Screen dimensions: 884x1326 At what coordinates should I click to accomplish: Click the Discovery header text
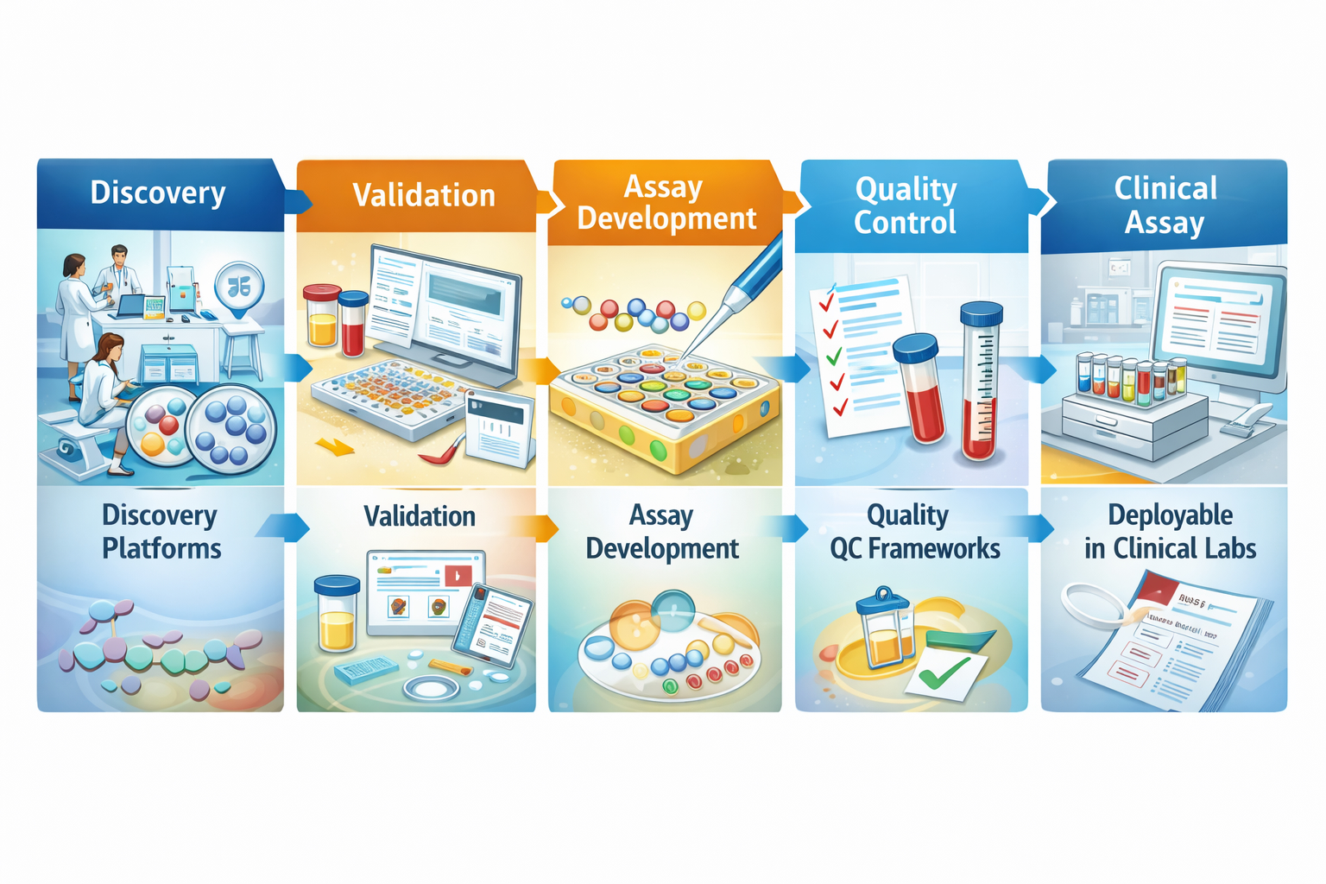(x=158, y=193)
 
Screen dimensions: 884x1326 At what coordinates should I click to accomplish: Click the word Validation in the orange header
(x=424, y=196)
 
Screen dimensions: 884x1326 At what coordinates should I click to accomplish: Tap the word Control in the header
(x=905, y=223)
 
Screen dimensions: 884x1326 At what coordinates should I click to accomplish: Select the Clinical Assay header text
(x=1165, y=205)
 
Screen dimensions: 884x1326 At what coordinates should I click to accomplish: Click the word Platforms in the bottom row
(x=161, y=549)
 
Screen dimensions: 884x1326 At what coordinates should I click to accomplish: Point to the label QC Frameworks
(x=915, y=549)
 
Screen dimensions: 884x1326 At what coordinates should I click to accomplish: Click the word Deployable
(x=1170, y=515)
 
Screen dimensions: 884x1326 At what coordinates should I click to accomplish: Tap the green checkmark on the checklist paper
(x=833, y=356)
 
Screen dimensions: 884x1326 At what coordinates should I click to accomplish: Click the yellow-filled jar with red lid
(x=322, y=316)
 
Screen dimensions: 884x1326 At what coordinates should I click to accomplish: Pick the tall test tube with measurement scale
(x=981, y=380)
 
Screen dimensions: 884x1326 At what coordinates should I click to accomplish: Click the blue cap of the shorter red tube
(x=915, y=347)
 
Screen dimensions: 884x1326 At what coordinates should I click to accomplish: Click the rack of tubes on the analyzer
(x=1130, y=380)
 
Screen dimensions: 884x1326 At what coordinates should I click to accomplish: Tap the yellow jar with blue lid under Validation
(x=337, y=615)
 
